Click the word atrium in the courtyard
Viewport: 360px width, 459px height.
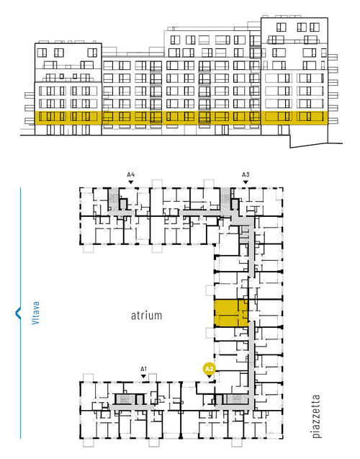146,316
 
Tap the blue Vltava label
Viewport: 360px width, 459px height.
35,313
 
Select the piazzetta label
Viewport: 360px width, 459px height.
316,416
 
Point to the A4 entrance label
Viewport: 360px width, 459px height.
131,175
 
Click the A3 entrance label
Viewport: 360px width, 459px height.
246,175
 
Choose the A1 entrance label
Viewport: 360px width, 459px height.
143,369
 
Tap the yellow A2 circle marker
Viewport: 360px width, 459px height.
209,369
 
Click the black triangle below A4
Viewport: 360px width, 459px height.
131,182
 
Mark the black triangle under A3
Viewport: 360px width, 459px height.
246,182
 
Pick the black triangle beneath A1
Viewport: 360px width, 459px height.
143,376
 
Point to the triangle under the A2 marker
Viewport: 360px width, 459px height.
209,376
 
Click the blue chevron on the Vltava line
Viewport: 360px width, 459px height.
18,313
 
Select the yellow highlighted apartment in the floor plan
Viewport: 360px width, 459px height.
231,313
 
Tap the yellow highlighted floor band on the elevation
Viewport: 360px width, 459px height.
181,117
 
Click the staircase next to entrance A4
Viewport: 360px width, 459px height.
113,199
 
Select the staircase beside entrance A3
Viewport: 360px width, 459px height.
225,199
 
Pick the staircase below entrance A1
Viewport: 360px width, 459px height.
125,399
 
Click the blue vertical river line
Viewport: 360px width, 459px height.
20,313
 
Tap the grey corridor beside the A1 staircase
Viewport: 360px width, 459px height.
131,407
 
